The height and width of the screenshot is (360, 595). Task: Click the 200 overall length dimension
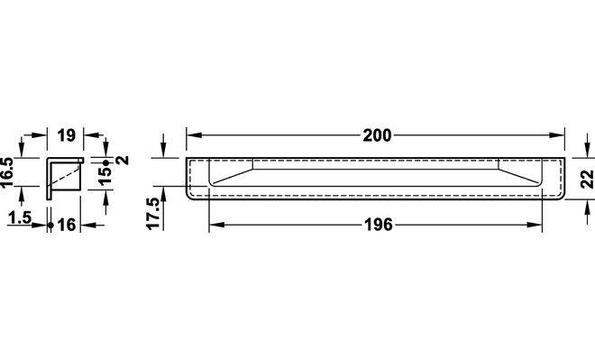point(377,135)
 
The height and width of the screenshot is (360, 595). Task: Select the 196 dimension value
point(379,225)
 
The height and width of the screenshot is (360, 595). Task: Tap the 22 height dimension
point(588,179)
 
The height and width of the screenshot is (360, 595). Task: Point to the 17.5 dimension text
point(154,214)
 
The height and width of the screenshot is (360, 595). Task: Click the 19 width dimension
point(67,135)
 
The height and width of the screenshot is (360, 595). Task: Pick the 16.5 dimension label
point(7,172)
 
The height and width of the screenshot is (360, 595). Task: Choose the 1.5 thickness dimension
point(20,218)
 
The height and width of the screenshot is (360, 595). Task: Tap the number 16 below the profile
point(67,226)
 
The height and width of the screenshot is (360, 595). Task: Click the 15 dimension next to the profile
point(105,176)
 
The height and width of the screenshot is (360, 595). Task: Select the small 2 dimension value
point(123,160)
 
